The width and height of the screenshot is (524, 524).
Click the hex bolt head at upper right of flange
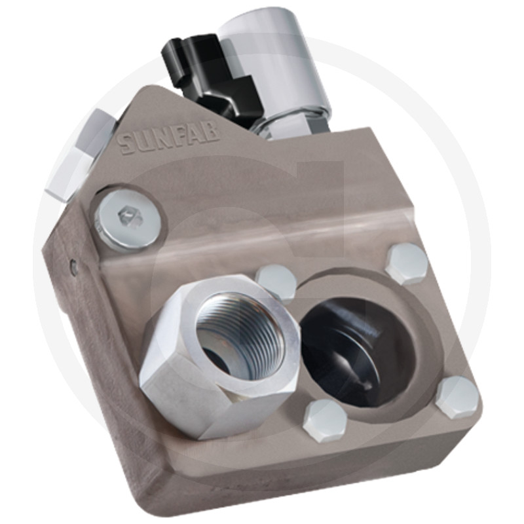pos(407,265)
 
